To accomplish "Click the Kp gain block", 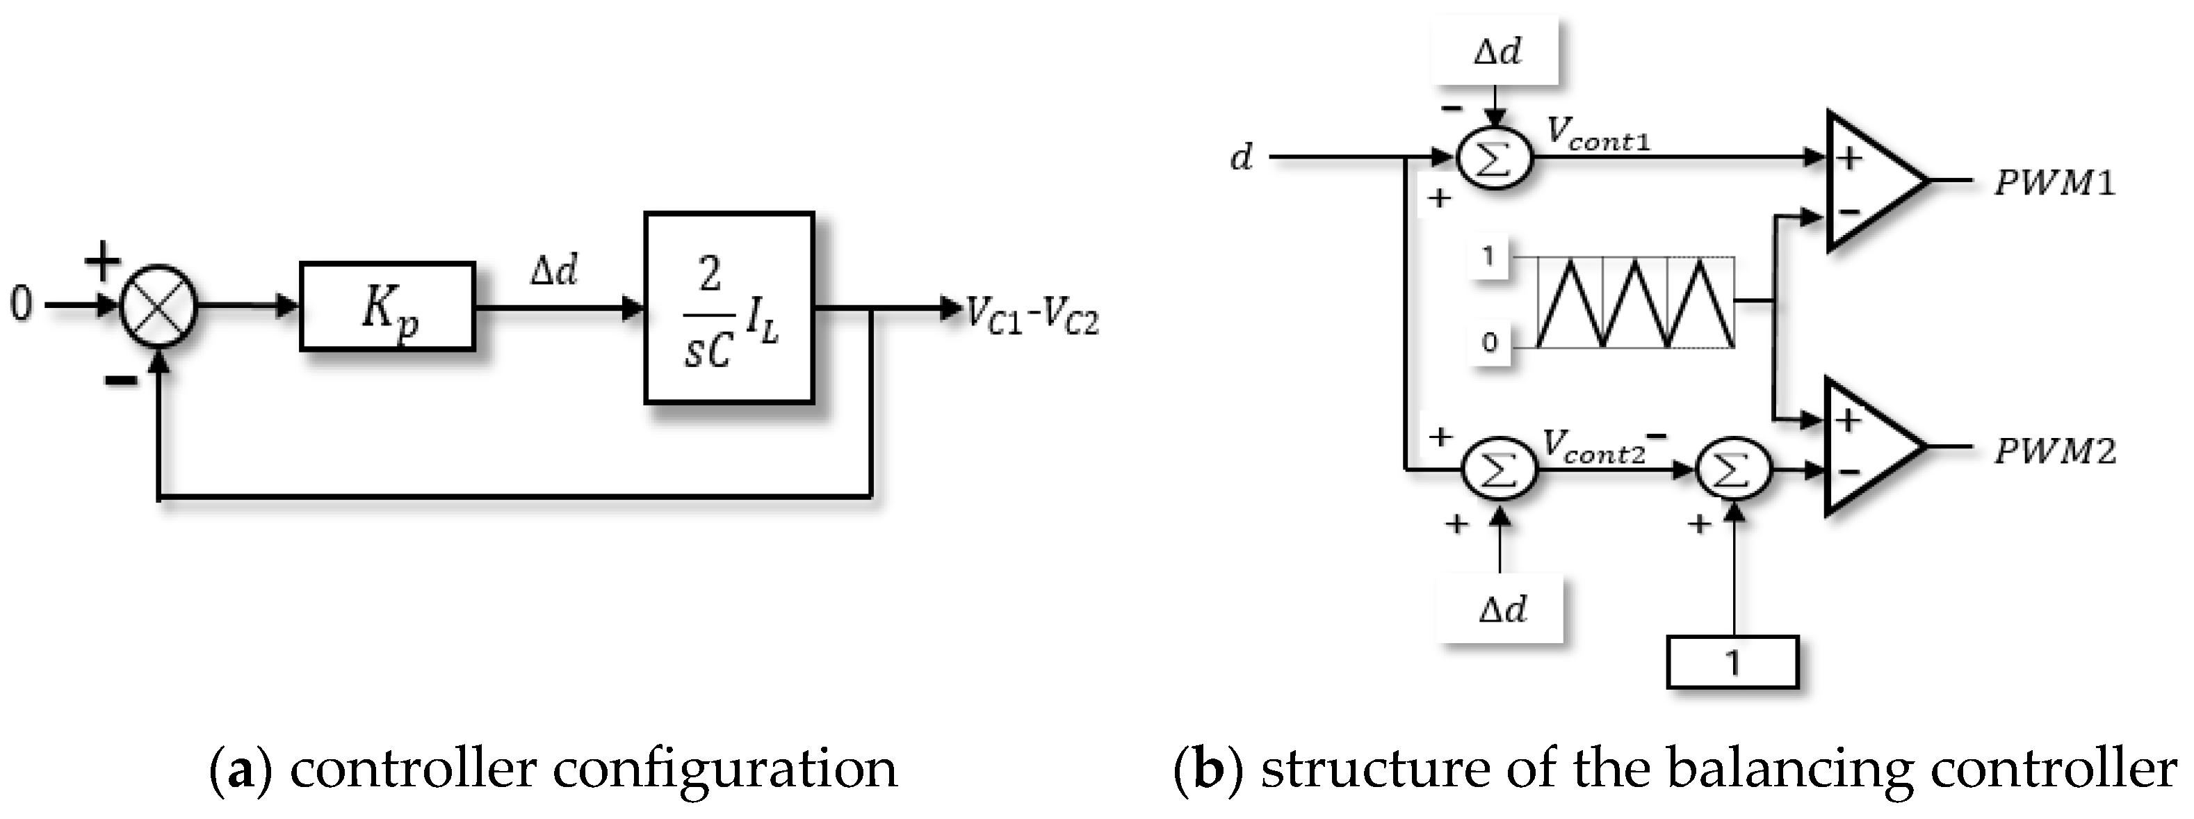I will click(x=387, y=307).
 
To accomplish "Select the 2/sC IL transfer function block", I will click(x=729, y=307).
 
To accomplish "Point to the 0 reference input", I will click(x=22, y=304).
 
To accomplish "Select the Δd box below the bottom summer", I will click(x=1502, y=610).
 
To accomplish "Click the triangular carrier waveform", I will click(x=1635, y=302).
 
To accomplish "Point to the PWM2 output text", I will click(x=2054, y=451).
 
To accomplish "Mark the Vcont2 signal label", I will click(x=1594, y=447).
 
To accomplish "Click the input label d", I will click(x=1242, y=158).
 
